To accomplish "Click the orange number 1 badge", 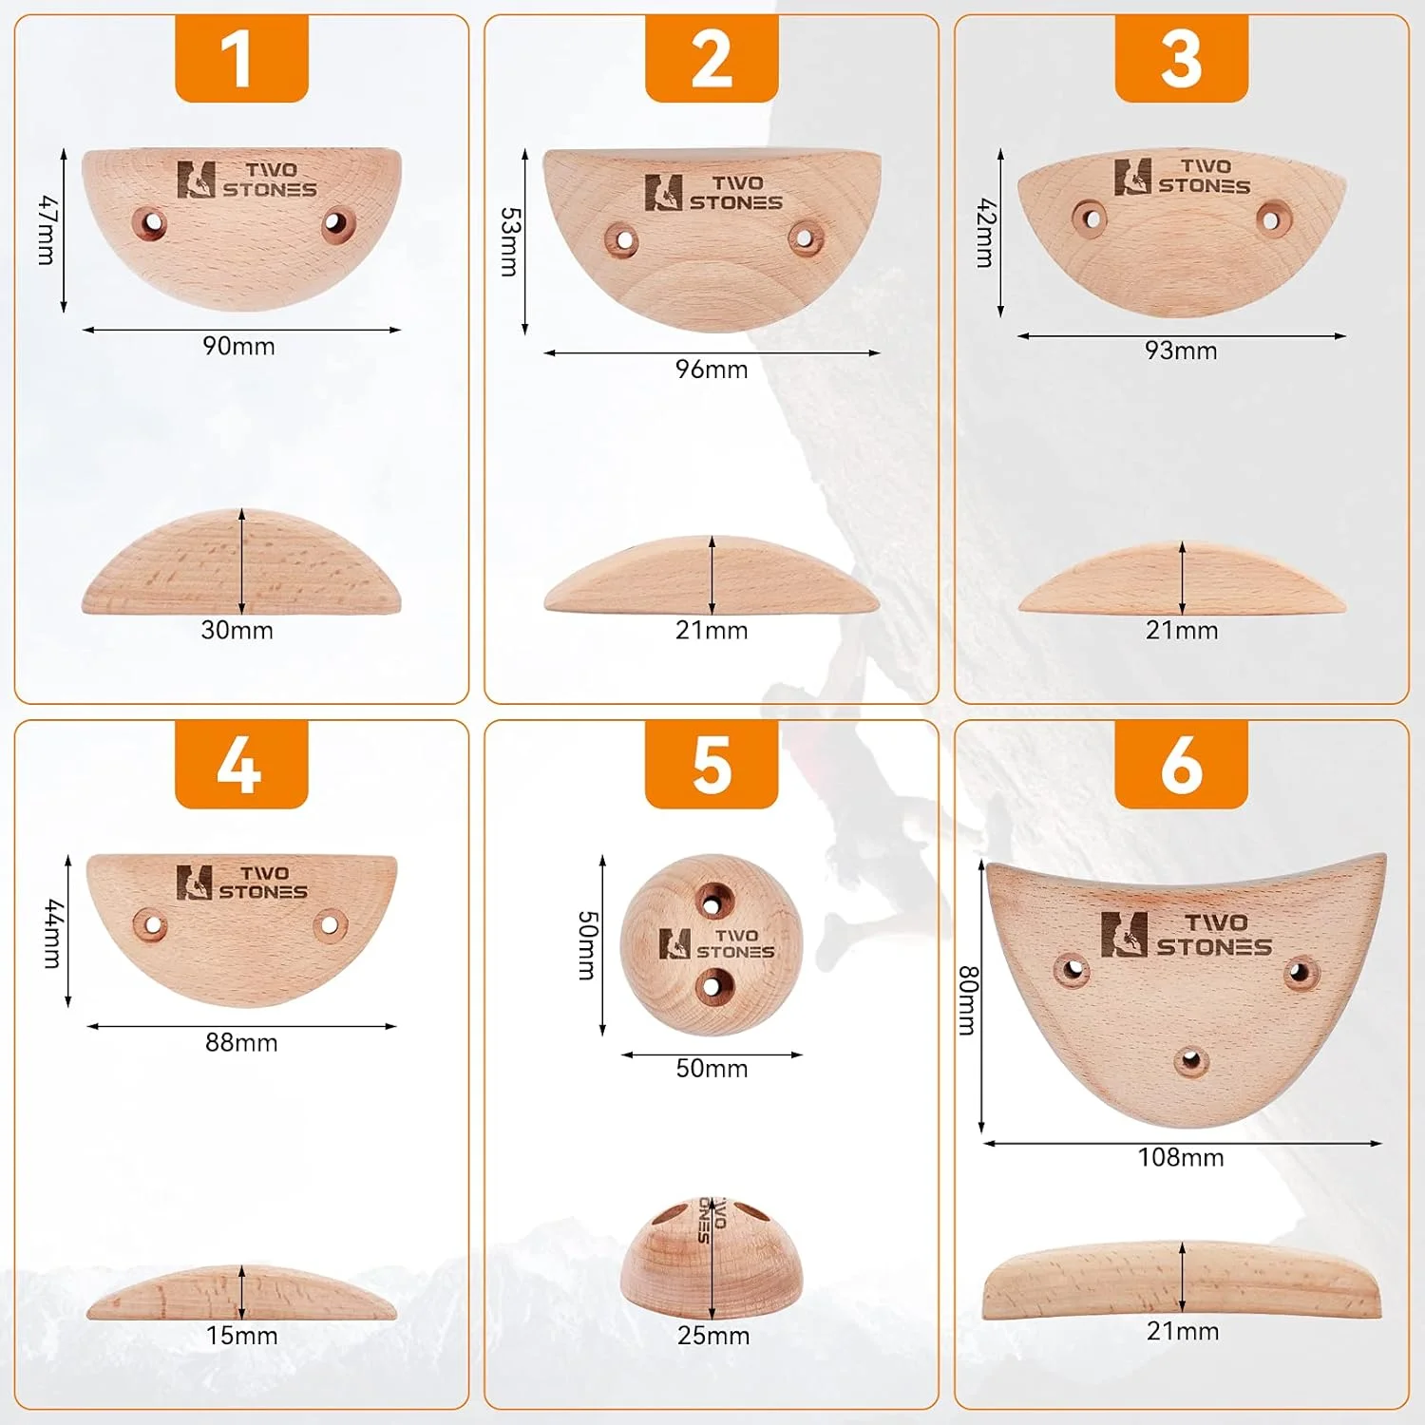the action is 241,58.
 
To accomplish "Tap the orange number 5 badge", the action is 712,764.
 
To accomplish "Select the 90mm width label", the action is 238,346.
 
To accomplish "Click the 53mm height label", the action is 509,241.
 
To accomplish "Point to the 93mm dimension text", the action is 1181,351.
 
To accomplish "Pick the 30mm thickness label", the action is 237,630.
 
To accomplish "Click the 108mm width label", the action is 1181,1157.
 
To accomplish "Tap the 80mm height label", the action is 967,1000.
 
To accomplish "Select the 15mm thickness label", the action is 242,1336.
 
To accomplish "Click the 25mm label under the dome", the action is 713,1336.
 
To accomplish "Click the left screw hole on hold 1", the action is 150,223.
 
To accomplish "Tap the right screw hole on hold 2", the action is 805,237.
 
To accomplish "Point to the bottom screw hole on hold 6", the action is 1190,1059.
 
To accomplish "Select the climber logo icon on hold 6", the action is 1124,934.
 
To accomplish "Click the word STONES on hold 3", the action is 1204,186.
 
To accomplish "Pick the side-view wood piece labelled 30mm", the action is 241,561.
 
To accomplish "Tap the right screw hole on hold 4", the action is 330,923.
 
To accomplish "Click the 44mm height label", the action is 53,934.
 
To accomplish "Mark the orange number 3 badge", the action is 1181,58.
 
